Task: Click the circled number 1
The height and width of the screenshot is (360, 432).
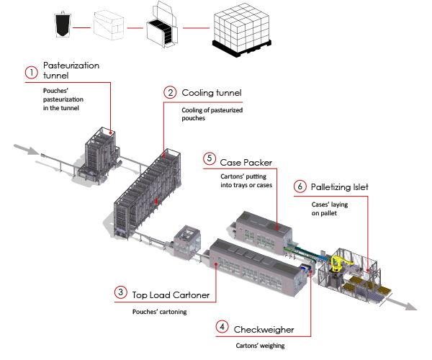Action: [31, 72]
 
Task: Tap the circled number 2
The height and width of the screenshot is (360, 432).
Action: [170, 92]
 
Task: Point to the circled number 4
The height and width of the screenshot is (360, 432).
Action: [222, 328]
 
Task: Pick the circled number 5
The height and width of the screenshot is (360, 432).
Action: [210, 158]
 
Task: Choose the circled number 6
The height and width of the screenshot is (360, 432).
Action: [299, 186]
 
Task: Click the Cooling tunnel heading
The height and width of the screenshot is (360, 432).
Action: [211, 93]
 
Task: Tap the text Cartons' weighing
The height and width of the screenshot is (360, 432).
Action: [255, 346]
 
